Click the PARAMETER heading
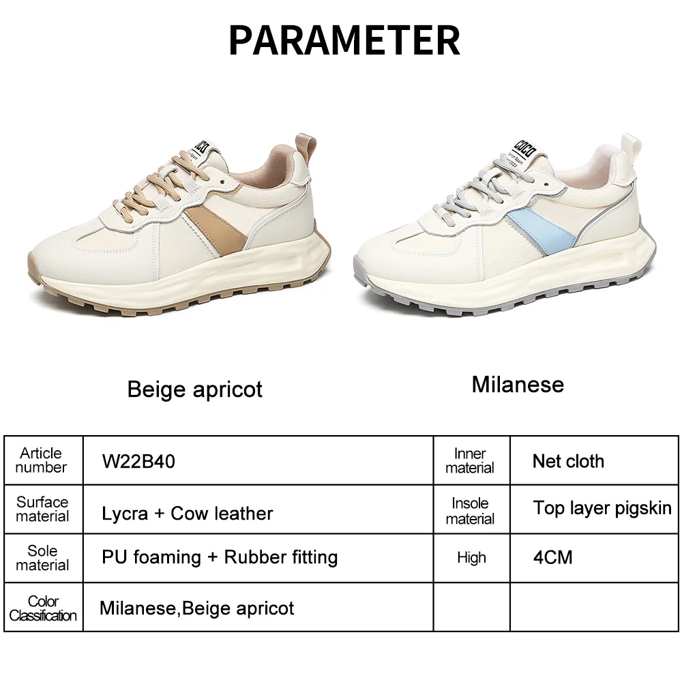(344, 40)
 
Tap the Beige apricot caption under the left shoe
(194, 389)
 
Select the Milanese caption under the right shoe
(518, 385)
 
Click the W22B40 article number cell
(138, 462)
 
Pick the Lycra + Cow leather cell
(188, 514)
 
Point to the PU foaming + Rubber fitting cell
(220, 557)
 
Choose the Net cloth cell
(568, 461)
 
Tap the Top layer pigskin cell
(602, 508)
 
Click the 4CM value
(552, 557)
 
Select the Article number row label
(41, 460)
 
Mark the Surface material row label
(42, 509)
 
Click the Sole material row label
(42, 558)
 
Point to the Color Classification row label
(43, 608)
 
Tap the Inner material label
(470, 461)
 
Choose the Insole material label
(470, 511)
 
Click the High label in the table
(471, 558)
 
